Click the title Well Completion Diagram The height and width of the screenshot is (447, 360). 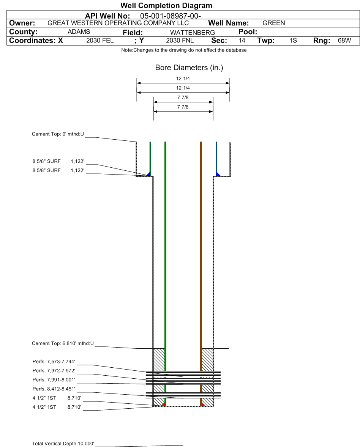166,5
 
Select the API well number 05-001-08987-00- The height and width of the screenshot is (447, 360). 171,16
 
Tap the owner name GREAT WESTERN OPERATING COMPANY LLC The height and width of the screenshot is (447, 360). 118,23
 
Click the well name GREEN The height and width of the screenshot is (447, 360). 273,23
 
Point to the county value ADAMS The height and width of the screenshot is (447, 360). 79,32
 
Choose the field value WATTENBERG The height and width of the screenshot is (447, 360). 193,33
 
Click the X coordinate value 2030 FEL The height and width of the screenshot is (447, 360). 100,41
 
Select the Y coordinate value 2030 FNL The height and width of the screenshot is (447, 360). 180,41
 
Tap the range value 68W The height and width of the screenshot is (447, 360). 344,41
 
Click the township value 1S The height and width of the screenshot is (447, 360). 293,41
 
